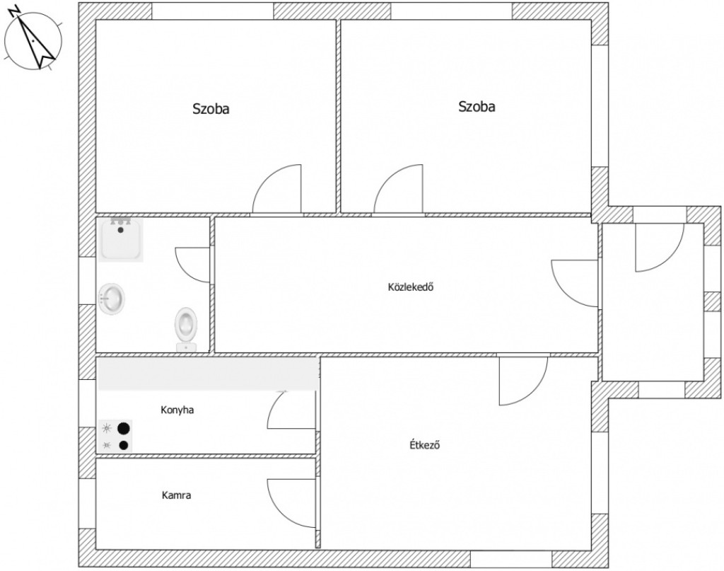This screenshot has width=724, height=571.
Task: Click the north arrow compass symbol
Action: tap(33, 39)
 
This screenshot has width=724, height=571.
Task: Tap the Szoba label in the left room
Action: tap(211, 108)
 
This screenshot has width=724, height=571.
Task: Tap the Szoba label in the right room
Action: tap(477, 106)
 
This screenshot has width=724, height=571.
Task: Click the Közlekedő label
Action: tap(411, 287)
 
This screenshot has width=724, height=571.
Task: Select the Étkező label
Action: tap(425, 445)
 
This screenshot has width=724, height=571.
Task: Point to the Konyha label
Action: tap(177, 410)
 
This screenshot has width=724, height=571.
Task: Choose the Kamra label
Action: tap(176, 495)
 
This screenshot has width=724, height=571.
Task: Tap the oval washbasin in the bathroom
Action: tap(111, 299)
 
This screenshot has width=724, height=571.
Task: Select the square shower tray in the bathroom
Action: tap(120, 239)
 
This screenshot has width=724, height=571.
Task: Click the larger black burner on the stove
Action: tap(123, 429)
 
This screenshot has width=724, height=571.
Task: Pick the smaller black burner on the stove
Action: tap(123, 445)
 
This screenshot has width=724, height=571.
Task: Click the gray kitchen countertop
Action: tap(208, 374)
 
